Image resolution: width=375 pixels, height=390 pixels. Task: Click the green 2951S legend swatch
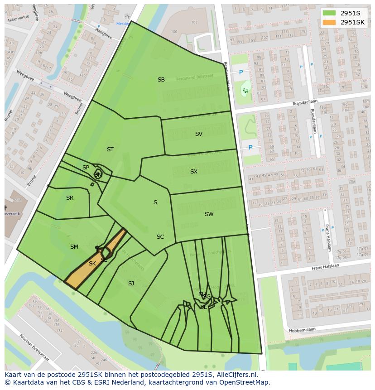(329, 13)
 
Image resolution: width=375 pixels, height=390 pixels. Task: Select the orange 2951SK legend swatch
(329, 22)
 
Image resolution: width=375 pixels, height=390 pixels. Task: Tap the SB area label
(161, 80)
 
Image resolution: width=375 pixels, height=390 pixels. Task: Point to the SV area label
(198, 134)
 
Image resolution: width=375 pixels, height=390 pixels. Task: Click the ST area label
(110, 149)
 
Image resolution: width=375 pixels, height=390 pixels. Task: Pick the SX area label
(193, 172)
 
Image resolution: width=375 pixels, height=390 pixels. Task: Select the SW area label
(209, 214)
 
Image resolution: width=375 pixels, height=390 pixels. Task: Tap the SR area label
(69, 198)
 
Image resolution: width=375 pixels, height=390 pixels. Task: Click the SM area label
(74, 247)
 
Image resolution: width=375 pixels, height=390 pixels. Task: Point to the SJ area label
(131, 284)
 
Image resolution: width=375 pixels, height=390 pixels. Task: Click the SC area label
(160, 237)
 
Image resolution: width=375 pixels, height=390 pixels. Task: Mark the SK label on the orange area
(92, 264)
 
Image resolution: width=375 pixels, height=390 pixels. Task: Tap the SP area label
(86, 168)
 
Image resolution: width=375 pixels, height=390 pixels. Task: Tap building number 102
(194, 22)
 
